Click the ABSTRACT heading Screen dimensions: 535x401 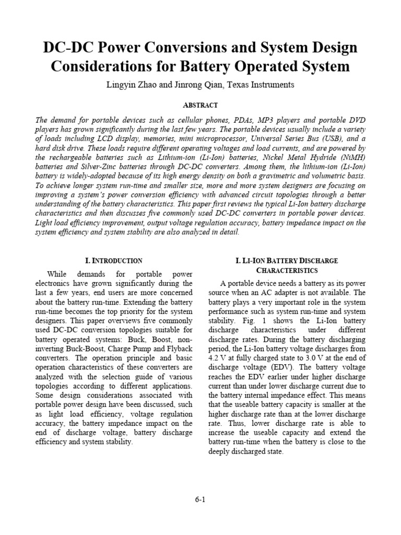[x=200, y=105]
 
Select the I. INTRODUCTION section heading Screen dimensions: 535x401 [x=113, y=260]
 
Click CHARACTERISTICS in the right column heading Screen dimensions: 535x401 [x=287, y=270]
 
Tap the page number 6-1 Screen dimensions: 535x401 [x=200, y=499]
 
